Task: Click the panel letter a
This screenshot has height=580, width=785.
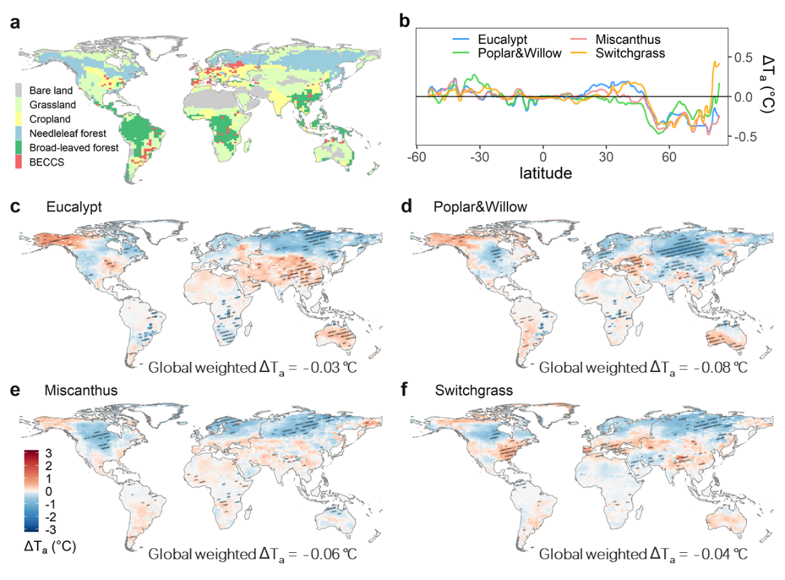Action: tap(14, 24)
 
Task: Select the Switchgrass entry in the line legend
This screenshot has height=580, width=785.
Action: tap(630, 53)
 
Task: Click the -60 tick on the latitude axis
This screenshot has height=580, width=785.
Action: tap(416, 157)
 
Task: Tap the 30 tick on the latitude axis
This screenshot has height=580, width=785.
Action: tap(606, 157)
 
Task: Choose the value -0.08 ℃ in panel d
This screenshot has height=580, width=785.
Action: tap(718, 368)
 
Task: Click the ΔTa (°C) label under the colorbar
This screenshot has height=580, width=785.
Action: tap(50, 547)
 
